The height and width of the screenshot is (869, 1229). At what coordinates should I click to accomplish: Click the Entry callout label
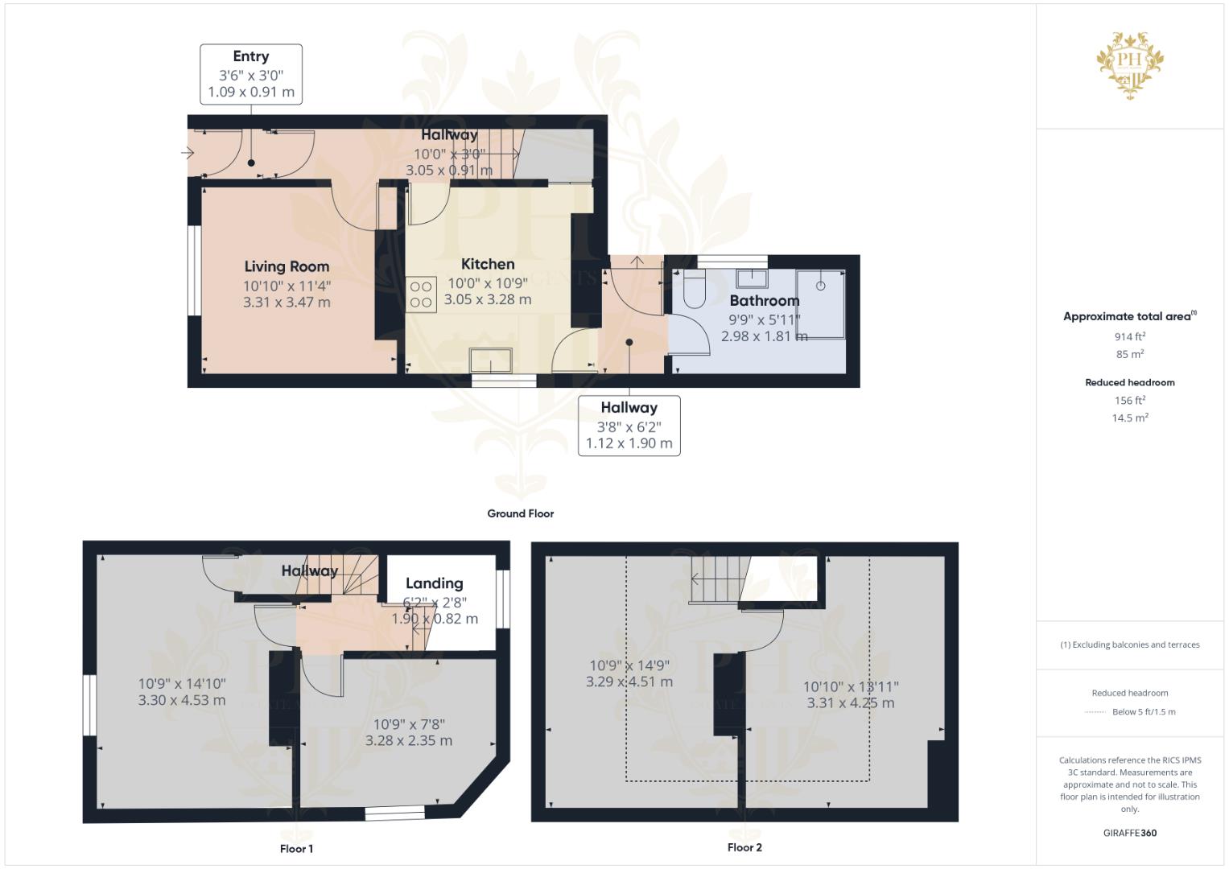click(251, 56)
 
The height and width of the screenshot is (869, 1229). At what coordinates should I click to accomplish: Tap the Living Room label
click(287, 266)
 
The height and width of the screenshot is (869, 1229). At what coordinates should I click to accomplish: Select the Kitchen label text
click(488, 264)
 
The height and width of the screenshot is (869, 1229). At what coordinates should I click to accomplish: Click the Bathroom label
click(765, 301)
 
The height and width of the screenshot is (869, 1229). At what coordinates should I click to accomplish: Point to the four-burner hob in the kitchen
click(421, 294)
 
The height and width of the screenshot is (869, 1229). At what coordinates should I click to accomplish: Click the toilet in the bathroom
click(695, 288)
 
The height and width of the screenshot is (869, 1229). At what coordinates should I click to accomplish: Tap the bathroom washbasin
click(752, 278)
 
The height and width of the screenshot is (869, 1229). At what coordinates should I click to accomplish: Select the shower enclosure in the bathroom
click(820, 304)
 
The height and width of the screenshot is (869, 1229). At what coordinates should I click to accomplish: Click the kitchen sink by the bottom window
click(490, 360)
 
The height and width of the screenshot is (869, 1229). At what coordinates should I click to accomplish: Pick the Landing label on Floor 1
click(434, 583)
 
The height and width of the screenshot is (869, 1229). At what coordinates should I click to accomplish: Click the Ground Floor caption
click(521, 513)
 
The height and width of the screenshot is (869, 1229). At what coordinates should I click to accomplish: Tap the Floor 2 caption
click(744, 847)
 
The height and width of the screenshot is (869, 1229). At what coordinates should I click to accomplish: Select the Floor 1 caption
click(296, 849)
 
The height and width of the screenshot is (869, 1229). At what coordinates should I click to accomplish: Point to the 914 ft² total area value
click(1130, 336)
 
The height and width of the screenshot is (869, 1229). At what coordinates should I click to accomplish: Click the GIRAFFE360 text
click(1130, 833)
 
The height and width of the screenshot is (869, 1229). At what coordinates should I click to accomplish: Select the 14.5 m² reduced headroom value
click(1130, 418)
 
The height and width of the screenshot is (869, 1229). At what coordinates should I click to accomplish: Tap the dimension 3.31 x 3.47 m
click(287, 303)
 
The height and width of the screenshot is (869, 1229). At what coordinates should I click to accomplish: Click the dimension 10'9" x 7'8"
click(409, 725)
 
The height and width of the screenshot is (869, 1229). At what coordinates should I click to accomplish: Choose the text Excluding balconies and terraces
click(1136, 645)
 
